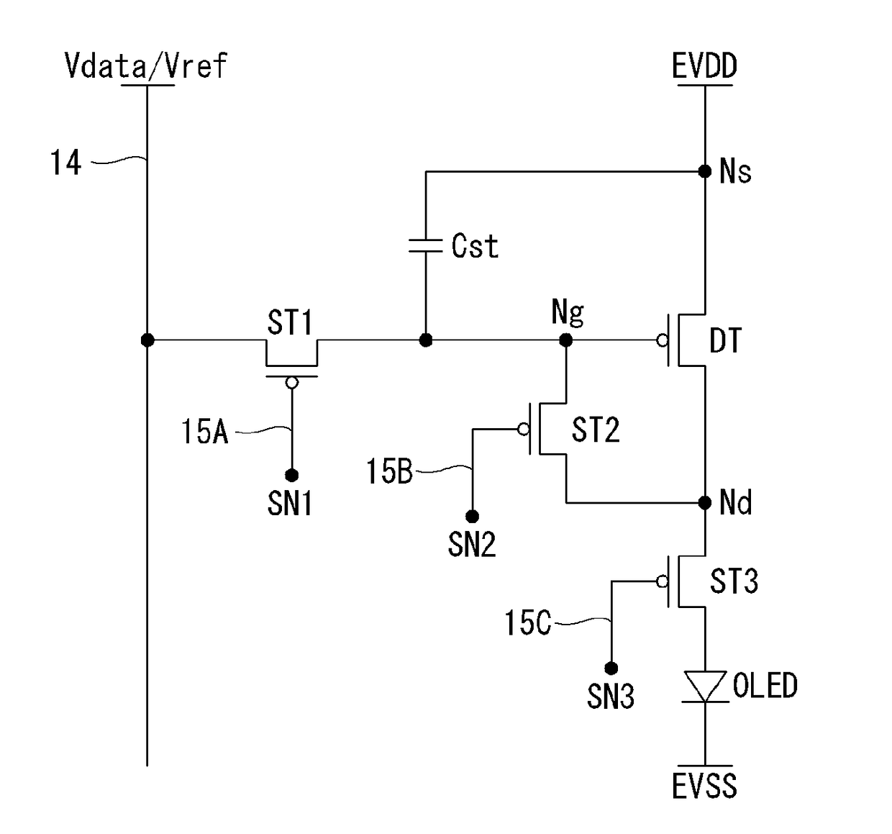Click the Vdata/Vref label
pos(146,66)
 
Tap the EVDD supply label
pos(704,66)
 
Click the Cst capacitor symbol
pos(425,246)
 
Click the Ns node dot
pos(705,171)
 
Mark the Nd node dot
pos(705,502)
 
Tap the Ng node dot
pos(565,340)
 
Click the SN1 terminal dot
pos(292,475)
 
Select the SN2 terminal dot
pos(472,517)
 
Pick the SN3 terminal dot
pos(611,668)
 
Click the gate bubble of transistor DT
pos(662,340)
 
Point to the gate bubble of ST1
pos(292,383)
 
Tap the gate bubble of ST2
pos(523,429)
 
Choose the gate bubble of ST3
pos(662,581)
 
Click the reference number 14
pos(65,162)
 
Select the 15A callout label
pos(204,431)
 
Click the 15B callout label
pos(389,471)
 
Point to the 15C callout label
pos(528,623)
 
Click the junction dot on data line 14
pos(147,340)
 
